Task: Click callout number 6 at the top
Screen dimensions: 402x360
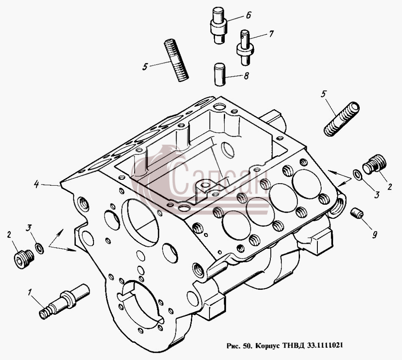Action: [x=248, y=15]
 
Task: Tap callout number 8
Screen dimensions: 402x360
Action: [x=246, y=76]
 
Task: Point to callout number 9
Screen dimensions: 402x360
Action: [x=374, y=234]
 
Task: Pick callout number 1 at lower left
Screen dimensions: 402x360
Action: [x=30, y=292]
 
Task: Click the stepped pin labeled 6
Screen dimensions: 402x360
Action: [x=219, y=26]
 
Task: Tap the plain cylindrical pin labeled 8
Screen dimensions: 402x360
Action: [x=220, y=74]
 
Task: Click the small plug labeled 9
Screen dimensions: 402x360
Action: [x=357, y=214]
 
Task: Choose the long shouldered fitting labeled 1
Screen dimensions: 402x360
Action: [x=64, y=302]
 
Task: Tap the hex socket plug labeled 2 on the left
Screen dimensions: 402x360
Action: [x=24, y=259]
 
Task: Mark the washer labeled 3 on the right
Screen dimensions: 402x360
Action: [x=358, y=174]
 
